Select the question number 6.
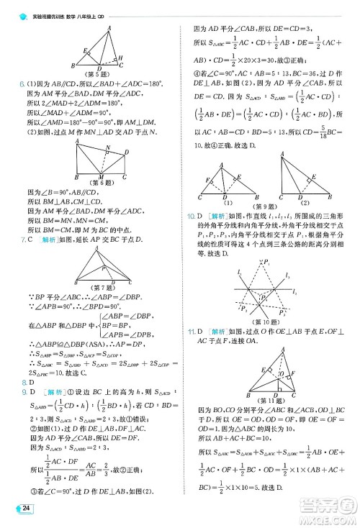click(x=22, y=84)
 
